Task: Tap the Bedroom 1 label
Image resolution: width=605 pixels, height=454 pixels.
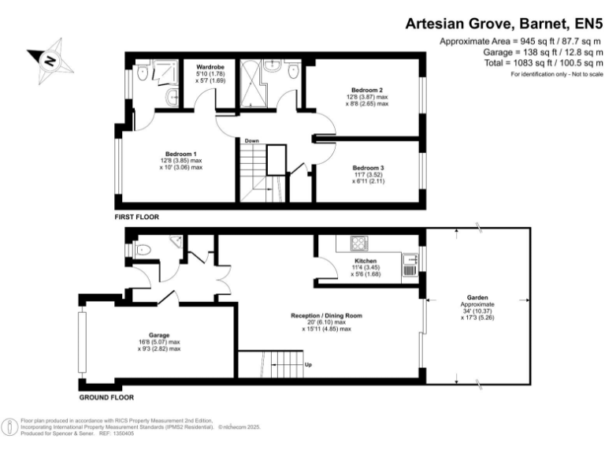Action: click(x=181, y=154)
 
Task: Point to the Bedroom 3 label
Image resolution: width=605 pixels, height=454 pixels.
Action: click(x=369, y=168)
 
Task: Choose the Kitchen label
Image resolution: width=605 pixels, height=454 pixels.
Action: click(x=366, y=261)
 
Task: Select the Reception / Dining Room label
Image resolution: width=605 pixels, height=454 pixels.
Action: click(x=326, y=315)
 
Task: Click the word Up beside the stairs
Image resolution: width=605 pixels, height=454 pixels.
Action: click(x=307, y=365)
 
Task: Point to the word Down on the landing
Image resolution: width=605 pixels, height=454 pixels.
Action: click(x=252, y=141)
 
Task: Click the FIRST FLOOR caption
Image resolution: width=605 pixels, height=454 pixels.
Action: click(x=137, y=215)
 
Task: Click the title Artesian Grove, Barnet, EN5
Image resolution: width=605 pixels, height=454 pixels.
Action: click(x=504, y=24)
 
